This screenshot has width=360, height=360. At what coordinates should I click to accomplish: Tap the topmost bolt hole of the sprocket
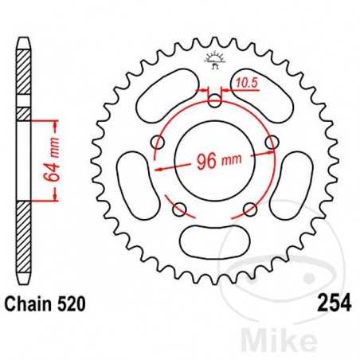point(215,100)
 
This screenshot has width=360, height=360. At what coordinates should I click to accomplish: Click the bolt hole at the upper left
point(158,143)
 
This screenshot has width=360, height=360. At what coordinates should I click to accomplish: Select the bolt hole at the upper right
point(273,142)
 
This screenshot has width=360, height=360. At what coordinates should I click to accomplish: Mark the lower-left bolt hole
point(179,209)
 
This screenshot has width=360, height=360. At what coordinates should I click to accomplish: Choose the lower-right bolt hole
point(251,209)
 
